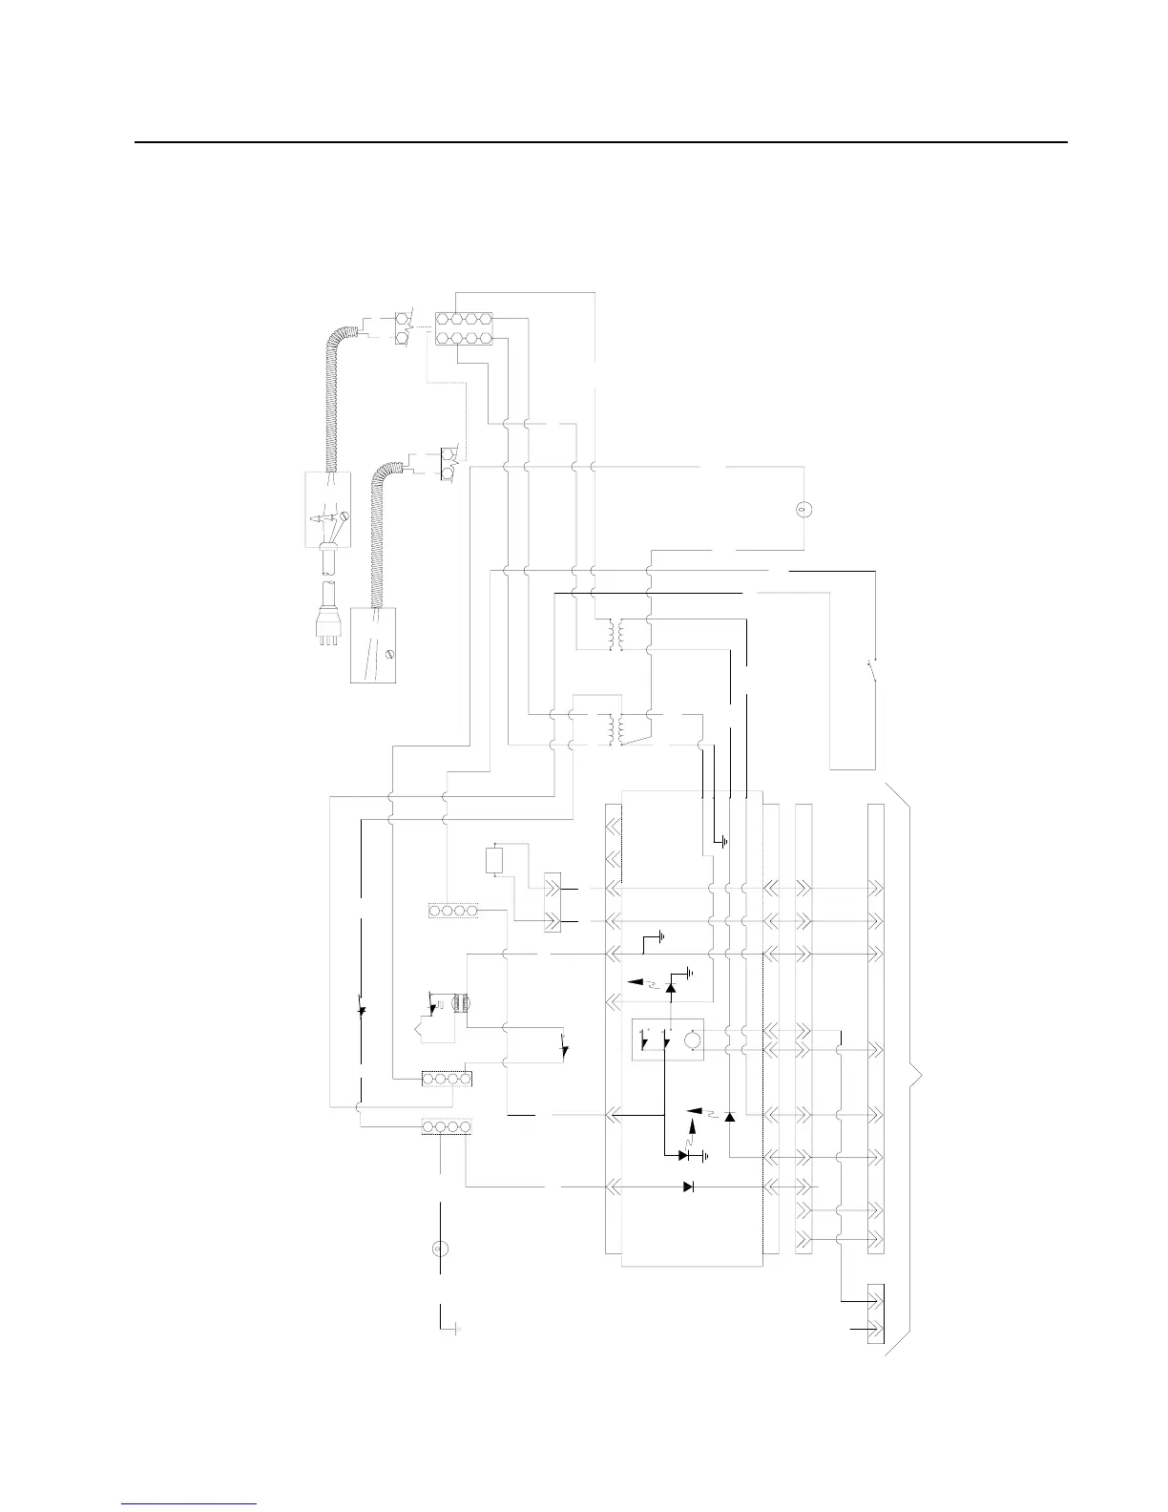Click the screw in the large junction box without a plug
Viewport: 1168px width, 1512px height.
(388, 654)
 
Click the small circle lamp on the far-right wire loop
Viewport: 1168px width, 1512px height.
(803, 508)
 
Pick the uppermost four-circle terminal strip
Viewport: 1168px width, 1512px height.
(453, 912)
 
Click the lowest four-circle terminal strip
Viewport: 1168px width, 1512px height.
(447, 1127)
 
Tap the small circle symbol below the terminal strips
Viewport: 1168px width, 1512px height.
(440, 1248)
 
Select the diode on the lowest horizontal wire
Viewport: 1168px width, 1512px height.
(689, 1186)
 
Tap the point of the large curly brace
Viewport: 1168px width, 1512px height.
(923, 1079)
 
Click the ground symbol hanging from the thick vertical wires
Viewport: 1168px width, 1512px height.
(724, 842)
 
